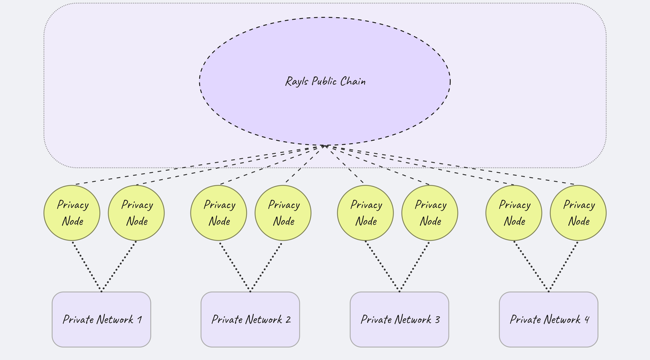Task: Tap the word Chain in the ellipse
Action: coord(353,81)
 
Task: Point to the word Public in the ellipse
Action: coord(325,82)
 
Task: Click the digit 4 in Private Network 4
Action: coord(587,319)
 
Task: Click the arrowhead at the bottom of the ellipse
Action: coord(324,146)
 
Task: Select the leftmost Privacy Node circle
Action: coord(72,213)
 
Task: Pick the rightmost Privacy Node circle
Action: coord(578,213)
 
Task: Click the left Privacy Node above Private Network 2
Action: coord(219,213)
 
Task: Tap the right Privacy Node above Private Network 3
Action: coord(430,213)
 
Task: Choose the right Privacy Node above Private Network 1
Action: coord(136,213)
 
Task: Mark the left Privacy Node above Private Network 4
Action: coord(514,213)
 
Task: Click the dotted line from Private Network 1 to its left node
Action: coord(86,266)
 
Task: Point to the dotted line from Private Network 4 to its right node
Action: coord(564,266)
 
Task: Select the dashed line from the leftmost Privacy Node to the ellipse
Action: coord(198,166)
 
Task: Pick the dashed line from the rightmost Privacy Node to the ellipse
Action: coord(452,166)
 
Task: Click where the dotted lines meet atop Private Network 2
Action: coord(250,291)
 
